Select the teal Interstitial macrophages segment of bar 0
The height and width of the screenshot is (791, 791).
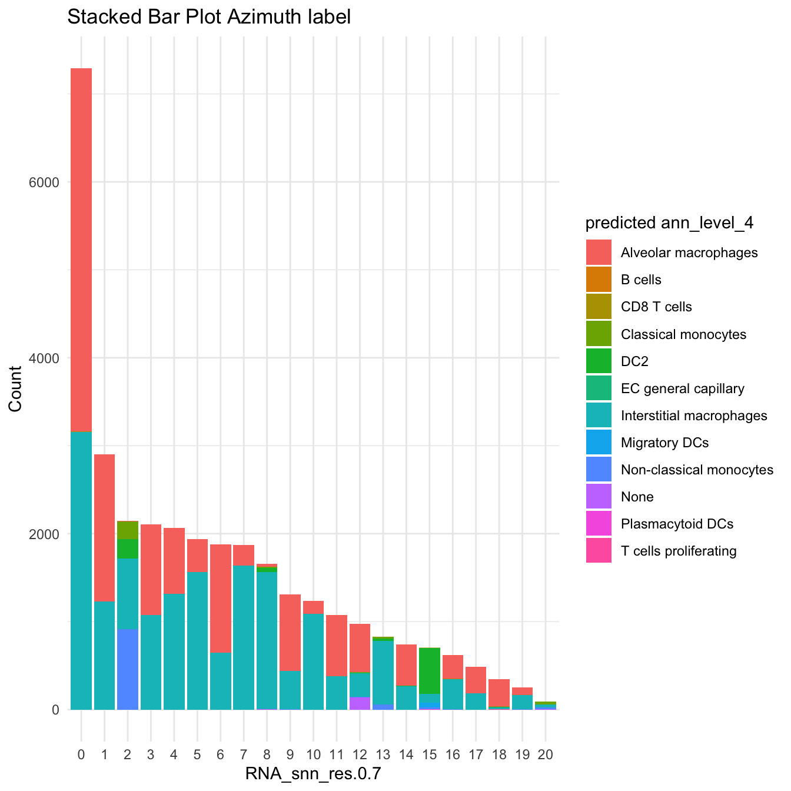point(81,571)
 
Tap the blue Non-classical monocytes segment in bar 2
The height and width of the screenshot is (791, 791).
point(128,670)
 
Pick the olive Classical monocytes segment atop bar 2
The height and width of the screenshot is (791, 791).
point(128,530)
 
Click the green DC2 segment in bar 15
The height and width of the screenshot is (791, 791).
point(430,671)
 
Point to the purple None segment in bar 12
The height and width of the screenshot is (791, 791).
point(360,703)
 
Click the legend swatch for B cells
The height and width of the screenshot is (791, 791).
point(599,280)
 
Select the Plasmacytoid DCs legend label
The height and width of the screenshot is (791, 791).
point(677,524)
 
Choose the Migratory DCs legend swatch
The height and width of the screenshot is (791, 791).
point(599,443)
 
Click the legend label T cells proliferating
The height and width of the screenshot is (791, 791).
point(679,551)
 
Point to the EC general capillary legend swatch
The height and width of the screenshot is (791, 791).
point(599,388)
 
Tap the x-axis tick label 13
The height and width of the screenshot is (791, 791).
point(383,755)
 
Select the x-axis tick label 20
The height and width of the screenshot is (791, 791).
point(546,755)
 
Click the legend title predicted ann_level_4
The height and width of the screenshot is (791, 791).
point(670,223)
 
